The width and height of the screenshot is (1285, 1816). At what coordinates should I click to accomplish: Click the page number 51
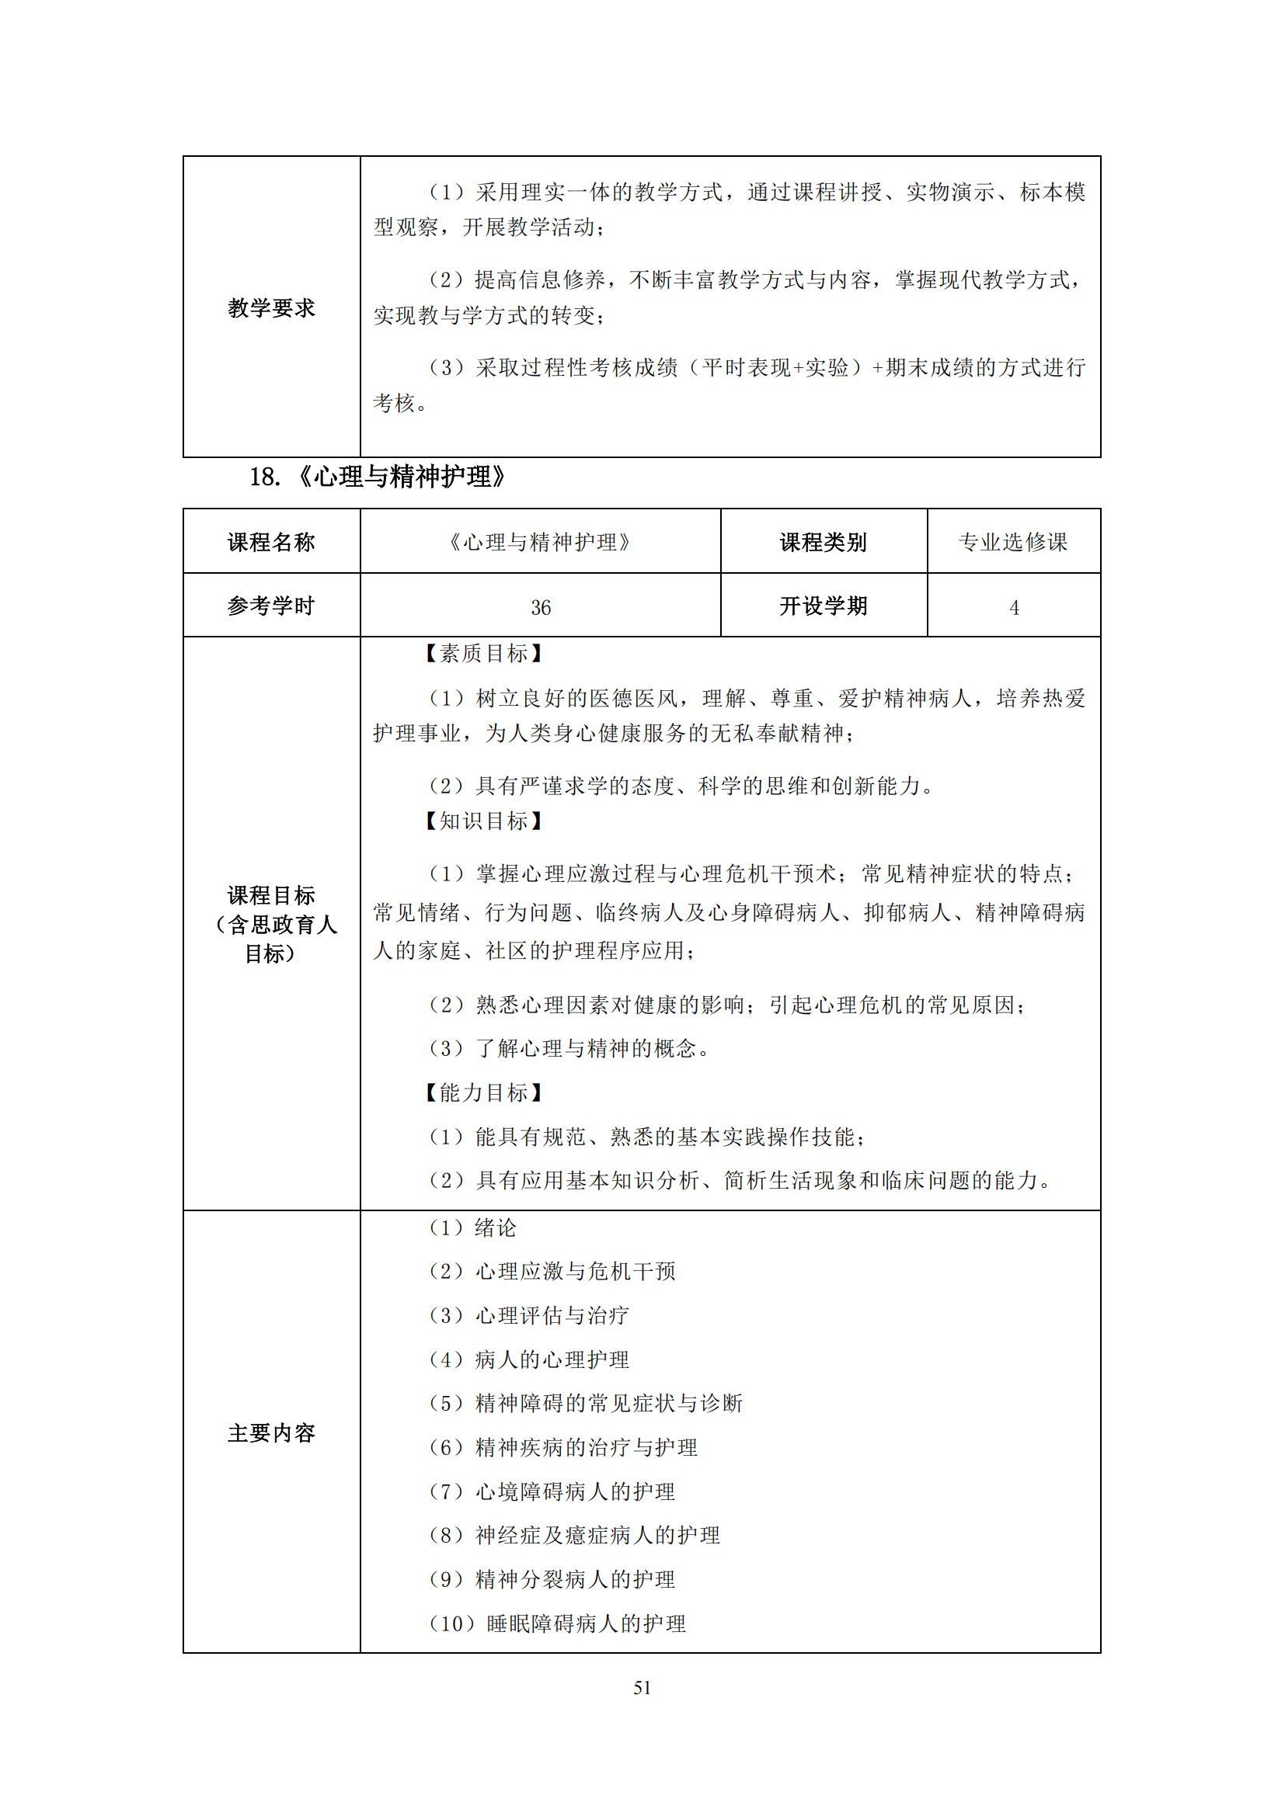coord(642,1687)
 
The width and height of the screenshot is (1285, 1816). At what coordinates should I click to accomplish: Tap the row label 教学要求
coord(271,307)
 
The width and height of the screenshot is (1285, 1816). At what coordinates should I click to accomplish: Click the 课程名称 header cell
coord(271,542)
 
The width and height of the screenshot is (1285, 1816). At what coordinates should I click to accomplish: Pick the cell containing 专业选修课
coord(1013,542)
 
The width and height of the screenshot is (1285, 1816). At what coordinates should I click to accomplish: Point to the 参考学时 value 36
coord(541,607)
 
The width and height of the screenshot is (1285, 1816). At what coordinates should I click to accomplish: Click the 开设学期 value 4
coord(1014,607)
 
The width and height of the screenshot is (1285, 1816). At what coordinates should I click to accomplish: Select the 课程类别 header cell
coord(823,542)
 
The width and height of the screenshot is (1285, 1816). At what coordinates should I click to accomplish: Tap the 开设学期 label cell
coord(823,606)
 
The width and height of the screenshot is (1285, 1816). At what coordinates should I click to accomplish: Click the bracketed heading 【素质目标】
coord(482,653)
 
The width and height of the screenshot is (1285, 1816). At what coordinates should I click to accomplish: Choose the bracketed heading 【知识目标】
coord(482,821)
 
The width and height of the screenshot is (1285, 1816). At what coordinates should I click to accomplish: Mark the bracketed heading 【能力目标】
coord(482,1092)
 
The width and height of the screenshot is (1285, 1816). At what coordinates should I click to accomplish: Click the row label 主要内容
coord(271,1432)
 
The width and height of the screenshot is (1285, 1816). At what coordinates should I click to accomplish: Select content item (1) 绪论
coord(472,1227)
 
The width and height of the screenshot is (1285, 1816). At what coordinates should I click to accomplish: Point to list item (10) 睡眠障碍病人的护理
coord(557,1623)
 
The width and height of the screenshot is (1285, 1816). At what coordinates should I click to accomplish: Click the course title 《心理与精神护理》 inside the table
coord(541,542)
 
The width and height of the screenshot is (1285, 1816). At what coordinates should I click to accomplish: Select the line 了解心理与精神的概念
coord(569,1048)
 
